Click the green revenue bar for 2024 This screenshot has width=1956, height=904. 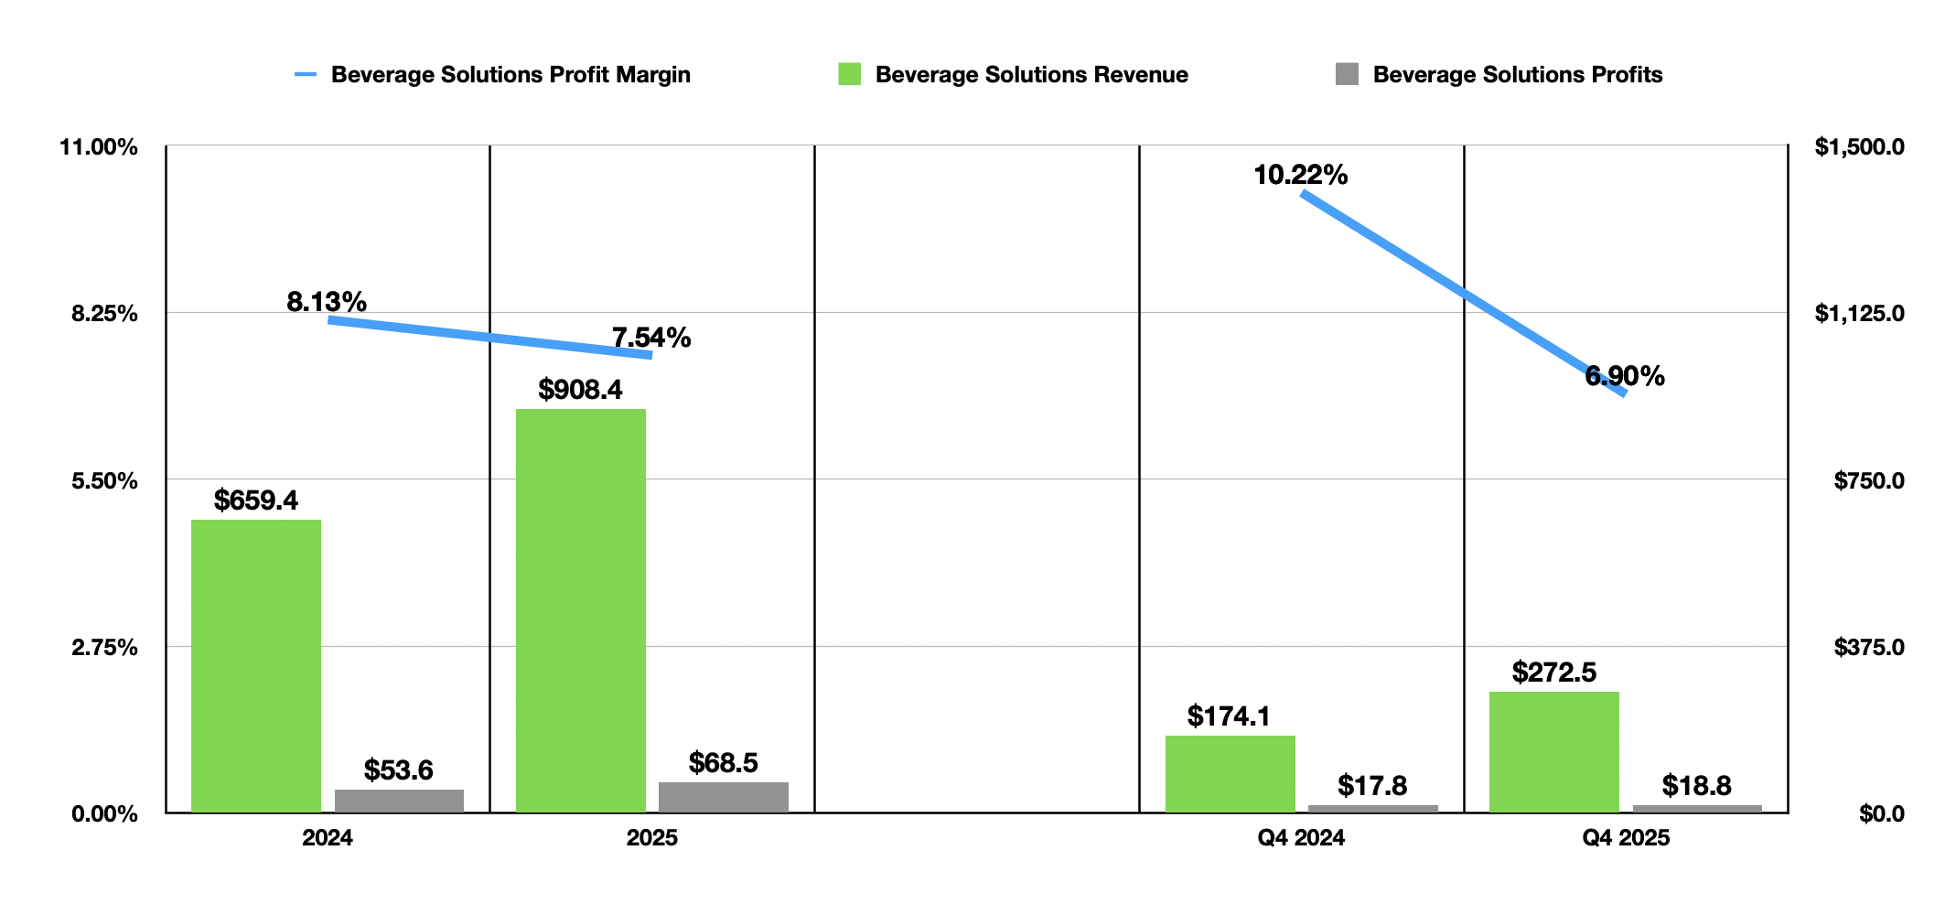[x=256, y=666]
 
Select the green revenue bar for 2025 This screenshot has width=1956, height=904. [x=581, y=610]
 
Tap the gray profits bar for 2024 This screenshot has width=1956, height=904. [x=399, y=801]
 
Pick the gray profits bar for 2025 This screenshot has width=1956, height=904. [x=724, y=797]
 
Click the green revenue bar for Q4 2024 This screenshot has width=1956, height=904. [x=1231, y=774]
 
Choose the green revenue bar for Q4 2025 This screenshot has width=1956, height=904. [x=1554, y=752]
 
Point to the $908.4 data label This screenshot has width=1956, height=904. [x=580, y=390]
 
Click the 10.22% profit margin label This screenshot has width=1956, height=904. [x=1300, y=175]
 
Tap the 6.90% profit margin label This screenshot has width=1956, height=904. [x=1625, y=376]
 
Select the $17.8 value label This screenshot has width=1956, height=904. [x=1372, y=785]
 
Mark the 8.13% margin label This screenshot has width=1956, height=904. [x=327, y=302]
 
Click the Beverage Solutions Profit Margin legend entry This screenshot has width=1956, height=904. [x=492, y=74]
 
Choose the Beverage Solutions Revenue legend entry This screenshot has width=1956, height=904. [x=1014, y=74]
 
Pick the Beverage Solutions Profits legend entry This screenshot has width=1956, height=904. [x=1499, y=74]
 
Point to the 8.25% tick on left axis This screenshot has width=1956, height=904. [x=104, y=314]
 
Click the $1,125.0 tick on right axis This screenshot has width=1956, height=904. [x=1860, y=314]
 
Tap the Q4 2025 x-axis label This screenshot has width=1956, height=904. [x=1626, y=838]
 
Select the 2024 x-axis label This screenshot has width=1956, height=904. [x=328, y=838]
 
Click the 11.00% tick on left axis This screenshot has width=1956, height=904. [x=99, y=147]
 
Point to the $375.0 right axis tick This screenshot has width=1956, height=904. [x=1869, y=648]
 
